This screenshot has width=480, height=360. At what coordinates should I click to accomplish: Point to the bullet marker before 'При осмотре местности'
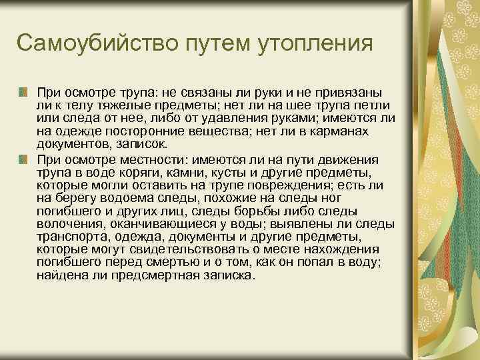click(23, 159)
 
